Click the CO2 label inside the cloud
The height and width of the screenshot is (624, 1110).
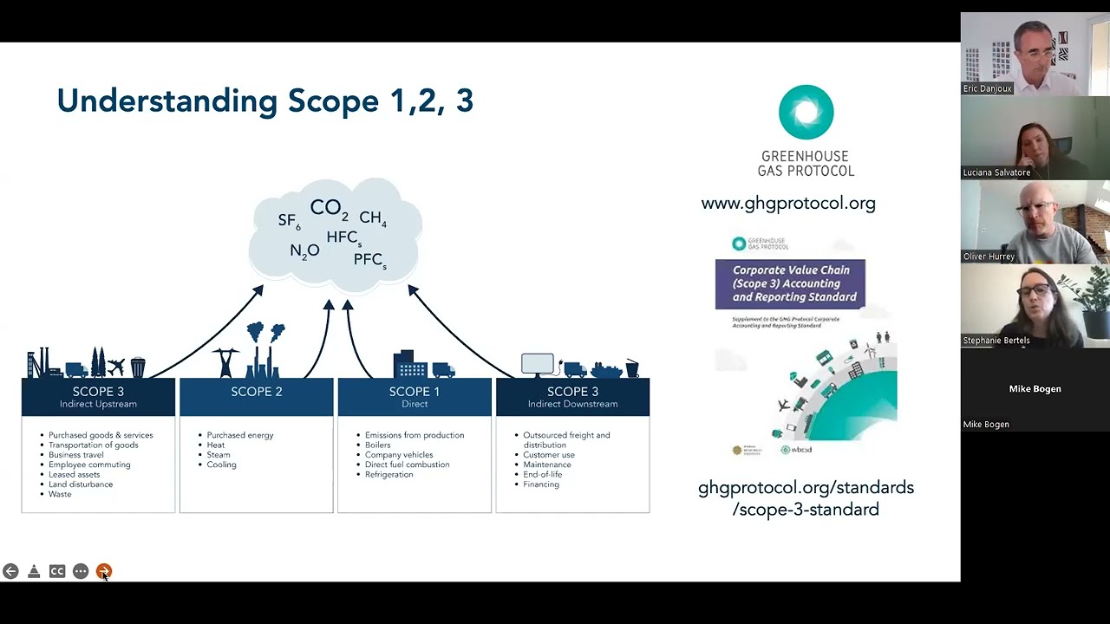329,209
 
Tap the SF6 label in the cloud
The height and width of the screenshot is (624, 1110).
289,221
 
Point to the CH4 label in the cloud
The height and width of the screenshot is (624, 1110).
373,218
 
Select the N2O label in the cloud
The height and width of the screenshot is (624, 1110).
304,251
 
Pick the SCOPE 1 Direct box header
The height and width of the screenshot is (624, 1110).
415,396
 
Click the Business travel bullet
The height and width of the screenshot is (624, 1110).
76,455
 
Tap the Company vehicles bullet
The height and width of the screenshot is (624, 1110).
399,455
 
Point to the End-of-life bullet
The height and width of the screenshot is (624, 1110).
543,475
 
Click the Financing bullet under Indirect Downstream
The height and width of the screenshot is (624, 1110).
541,484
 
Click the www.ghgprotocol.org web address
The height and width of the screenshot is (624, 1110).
788,204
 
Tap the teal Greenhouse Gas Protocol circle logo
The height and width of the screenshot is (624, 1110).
806,113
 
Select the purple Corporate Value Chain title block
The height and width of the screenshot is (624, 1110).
790,283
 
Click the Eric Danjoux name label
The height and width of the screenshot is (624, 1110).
988,88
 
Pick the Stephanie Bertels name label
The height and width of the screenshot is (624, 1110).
996,341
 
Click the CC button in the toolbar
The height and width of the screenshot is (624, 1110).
57,571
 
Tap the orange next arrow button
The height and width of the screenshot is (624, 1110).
104,571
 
